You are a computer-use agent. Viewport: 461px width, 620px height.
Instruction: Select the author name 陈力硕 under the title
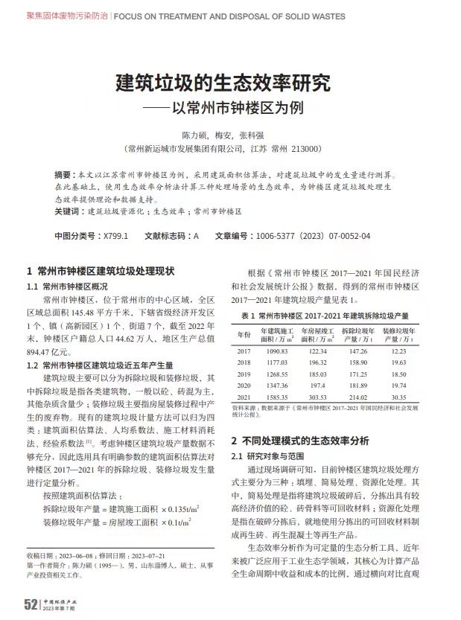[195, 135]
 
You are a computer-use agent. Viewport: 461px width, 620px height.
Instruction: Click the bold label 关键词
[69, 211]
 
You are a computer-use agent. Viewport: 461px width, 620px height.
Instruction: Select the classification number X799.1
[115, 236]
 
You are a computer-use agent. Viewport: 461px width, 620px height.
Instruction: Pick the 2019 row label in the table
[244, 374]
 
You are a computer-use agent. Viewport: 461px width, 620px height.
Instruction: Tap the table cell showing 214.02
[357, 398]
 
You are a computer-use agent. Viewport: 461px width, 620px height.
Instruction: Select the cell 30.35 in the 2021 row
[399, 398]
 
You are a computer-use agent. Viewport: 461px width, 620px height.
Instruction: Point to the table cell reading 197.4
[317, 386]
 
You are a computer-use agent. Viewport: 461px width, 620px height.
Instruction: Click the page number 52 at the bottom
[31, 604]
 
